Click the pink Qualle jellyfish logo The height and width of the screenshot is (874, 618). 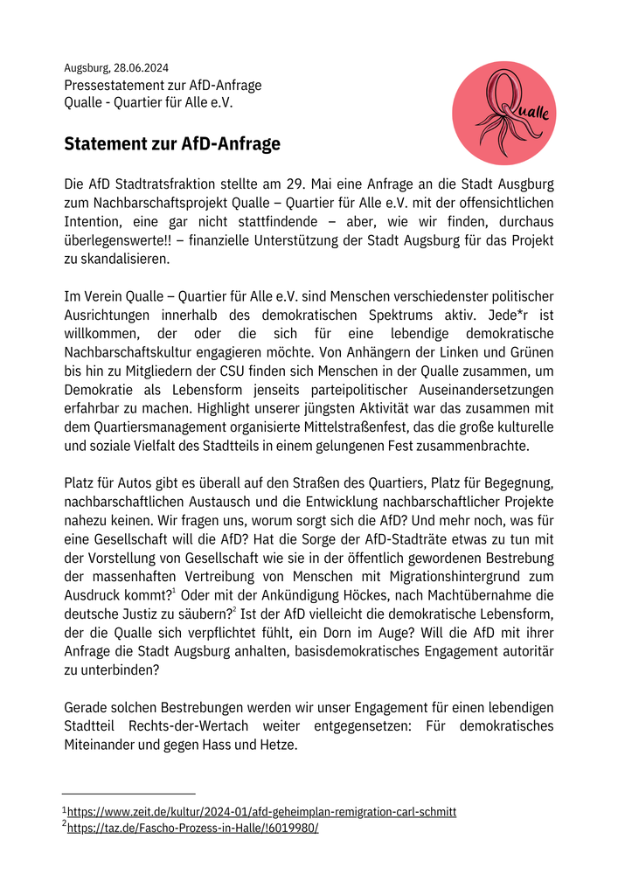point(504,113)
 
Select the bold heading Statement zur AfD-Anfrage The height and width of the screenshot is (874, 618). point(172,144)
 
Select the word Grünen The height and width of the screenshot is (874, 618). point(528,352)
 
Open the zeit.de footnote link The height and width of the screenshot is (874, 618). point(261,812)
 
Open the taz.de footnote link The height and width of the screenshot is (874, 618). point(193,828)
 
